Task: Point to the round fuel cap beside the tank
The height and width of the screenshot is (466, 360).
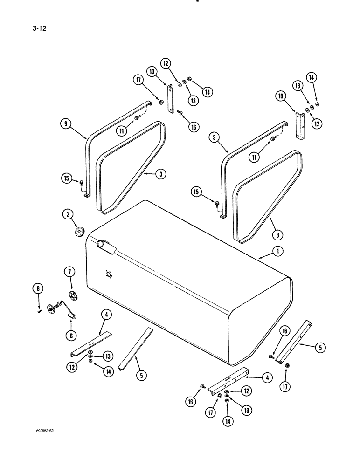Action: tap(79, 232)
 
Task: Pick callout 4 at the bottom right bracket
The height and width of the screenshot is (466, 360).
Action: tap(266, 378)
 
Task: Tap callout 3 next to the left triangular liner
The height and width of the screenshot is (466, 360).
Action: tap(159, 174)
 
